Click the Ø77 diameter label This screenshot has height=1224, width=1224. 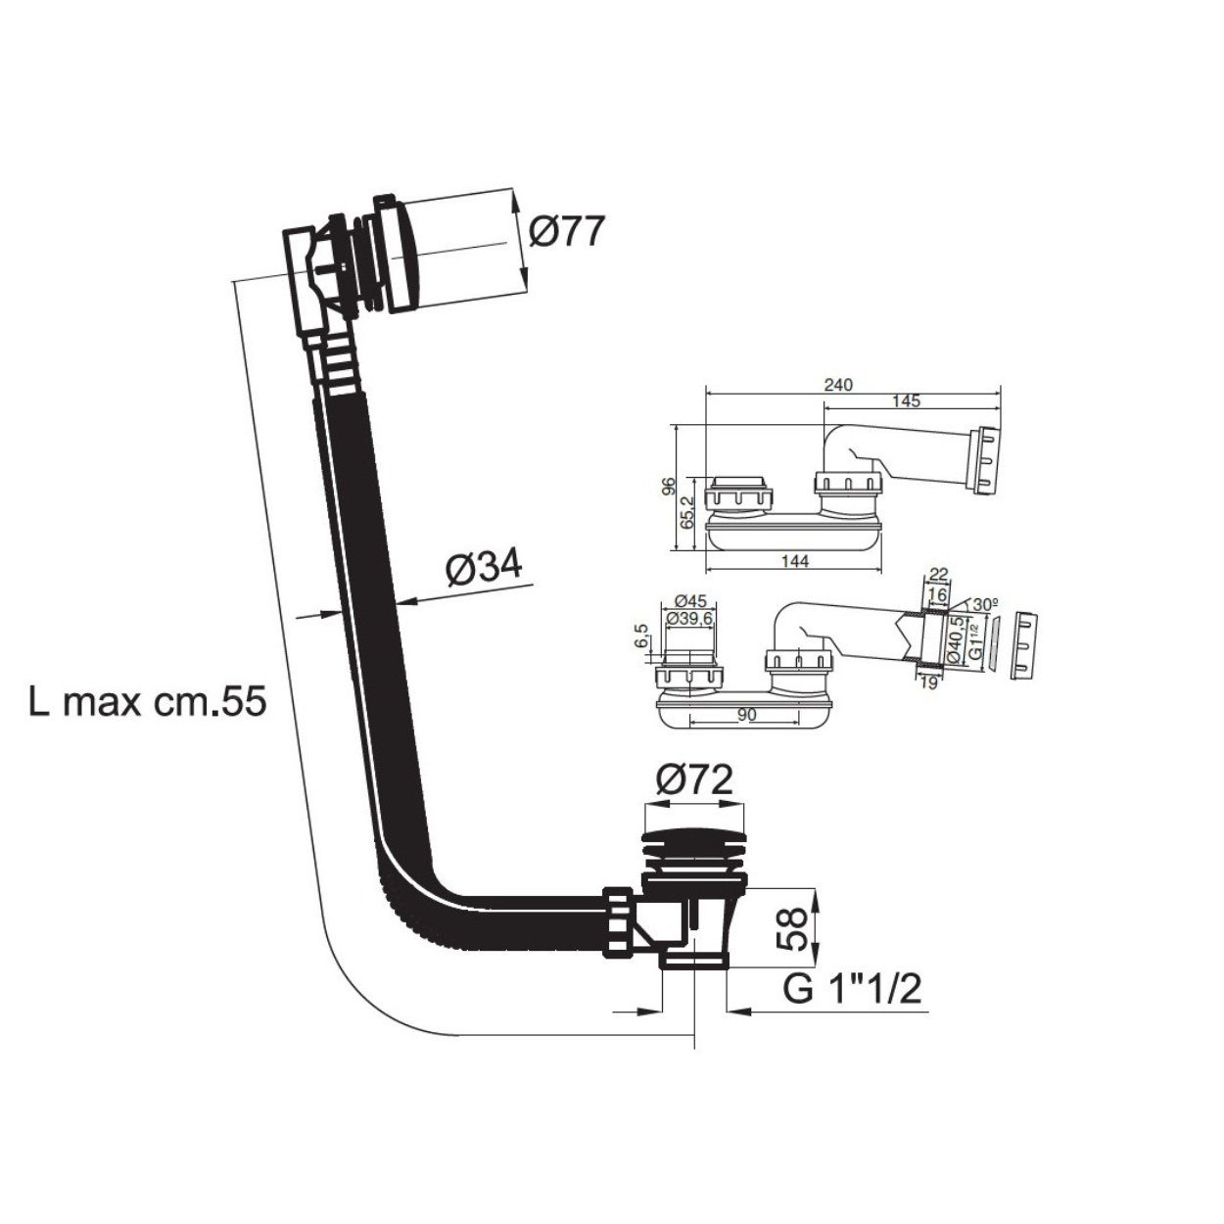click(x=565, y=233)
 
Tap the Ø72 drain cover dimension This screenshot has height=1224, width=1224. click(x=694, y=780)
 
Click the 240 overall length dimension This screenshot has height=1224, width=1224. click(x=838, y=385)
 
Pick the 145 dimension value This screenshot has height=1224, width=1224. click(x=906, y=400)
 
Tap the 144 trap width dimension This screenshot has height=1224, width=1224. click(x=794, y=561)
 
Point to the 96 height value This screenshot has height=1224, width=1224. click(x=668, y=487)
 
